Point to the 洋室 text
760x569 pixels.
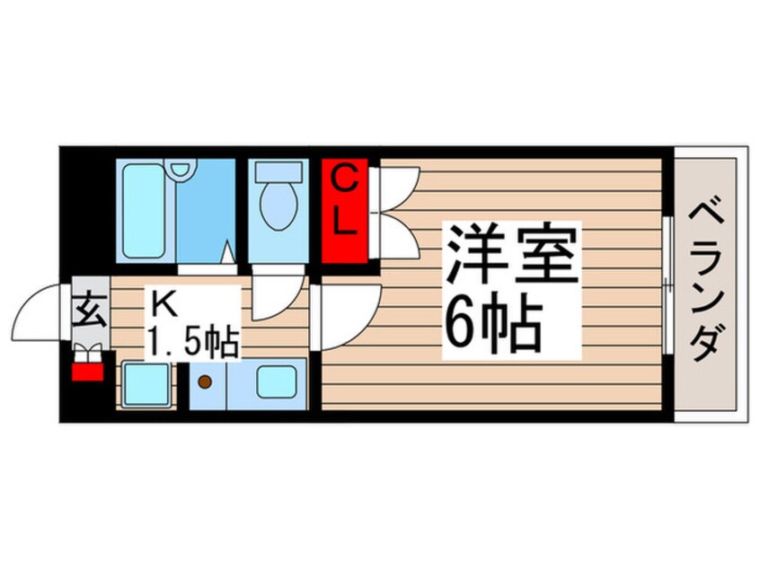(511, 254)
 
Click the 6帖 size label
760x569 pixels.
(493, 326)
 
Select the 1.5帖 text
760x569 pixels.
(194, 340)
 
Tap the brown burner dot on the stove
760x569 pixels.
(205, 383)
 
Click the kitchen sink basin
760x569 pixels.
(276, 383)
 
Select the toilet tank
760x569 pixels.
(278, 171)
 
